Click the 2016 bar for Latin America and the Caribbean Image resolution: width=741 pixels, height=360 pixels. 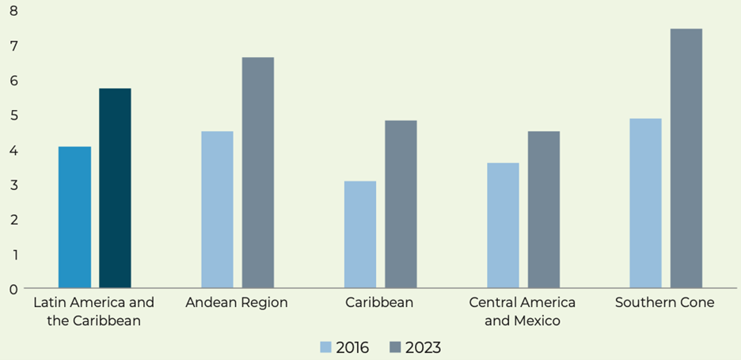pos(74,218)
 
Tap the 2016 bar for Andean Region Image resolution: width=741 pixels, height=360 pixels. pos(217,210)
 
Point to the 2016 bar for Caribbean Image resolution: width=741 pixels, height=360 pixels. pos(360,235)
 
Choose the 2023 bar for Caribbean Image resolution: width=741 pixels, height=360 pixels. pos(401,204)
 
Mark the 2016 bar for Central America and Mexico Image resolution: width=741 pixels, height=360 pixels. pos(503,225)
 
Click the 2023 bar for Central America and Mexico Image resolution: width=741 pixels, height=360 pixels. pos(544,210)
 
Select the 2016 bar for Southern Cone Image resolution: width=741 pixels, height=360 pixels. pos(645,203)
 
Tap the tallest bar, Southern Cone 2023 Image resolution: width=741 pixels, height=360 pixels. pos(686,158)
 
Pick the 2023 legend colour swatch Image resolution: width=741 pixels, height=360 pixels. pos(396,347)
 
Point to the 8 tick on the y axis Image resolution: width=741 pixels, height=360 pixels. pos(13,11)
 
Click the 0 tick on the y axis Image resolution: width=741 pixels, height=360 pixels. pos(13,289)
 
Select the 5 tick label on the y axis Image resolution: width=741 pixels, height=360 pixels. pos(13,116)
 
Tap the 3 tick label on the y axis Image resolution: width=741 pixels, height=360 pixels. pos(13,185)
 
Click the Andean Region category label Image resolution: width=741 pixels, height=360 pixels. pos(237,303)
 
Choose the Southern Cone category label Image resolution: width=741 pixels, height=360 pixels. pos(665,303)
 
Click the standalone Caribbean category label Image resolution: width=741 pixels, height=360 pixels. pos(379,303)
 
